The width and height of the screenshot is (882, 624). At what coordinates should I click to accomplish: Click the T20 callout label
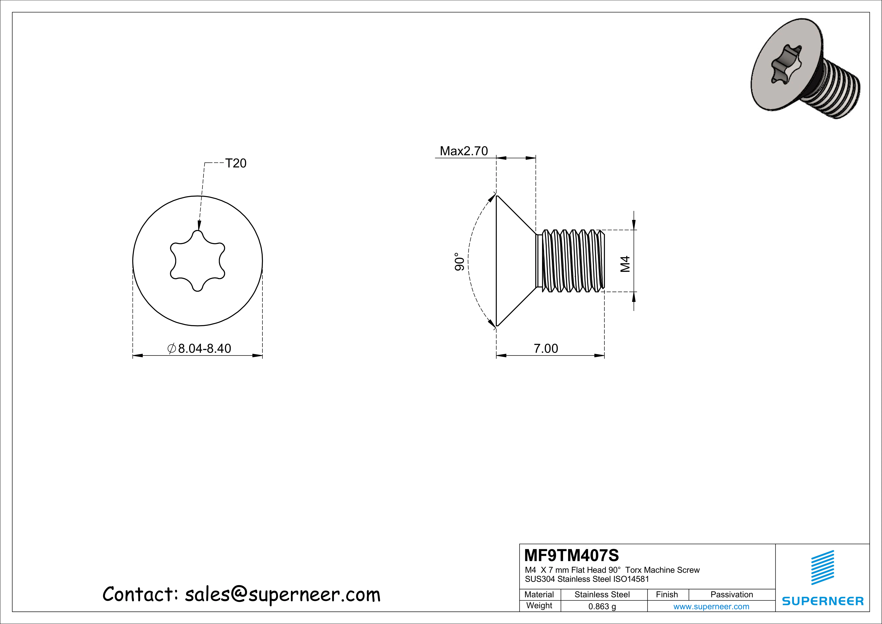pos(235,163)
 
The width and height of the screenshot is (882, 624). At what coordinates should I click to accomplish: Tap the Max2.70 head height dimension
pos(464,151)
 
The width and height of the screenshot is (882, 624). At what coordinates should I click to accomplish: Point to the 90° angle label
pos(459,261)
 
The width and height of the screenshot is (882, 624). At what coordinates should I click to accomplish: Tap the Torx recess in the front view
pos(197,261)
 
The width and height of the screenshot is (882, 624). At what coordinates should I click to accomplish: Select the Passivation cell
pos(731,594)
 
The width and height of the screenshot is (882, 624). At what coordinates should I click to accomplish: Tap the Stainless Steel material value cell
pos(602,594)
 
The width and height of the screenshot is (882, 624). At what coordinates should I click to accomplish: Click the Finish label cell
pos(667,594)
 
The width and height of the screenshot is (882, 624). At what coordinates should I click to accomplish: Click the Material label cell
pos(539,594)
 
